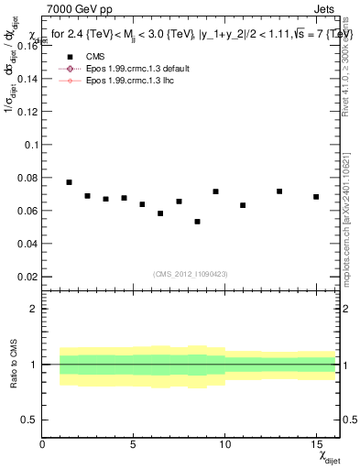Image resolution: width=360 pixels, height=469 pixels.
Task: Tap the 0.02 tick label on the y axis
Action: coord(27,276)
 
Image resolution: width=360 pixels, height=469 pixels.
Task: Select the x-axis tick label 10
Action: coord(224,444)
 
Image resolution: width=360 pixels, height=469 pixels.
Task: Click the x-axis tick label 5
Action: coord(134,444)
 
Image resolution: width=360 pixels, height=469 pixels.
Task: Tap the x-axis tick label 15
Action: coord(316,444)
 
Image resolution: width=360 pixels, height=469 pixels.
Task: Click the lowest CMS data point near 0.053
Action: coord(197,222)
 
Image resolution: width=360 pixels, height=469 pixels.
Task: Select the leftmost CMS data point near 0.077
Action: coord(70,182)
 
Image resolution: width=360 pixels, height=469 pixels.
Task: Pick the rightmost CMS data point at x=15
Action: coord(316,197)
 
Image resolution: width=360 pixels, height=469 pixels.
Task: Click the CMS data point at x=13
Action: coord(279,191)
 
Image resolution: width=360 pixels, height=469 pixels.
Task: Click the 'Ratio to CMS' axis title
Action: coord(12,365)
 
